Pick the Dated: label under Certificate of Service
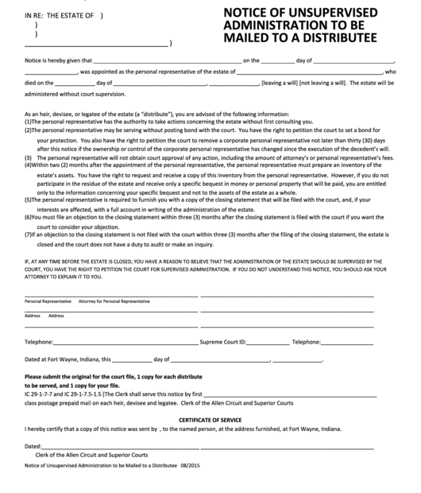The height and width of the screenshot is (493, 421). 33,446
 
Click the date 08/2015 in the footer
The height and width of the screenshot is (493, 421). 191,465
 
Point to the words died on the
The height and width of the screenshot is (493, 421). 39,82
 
